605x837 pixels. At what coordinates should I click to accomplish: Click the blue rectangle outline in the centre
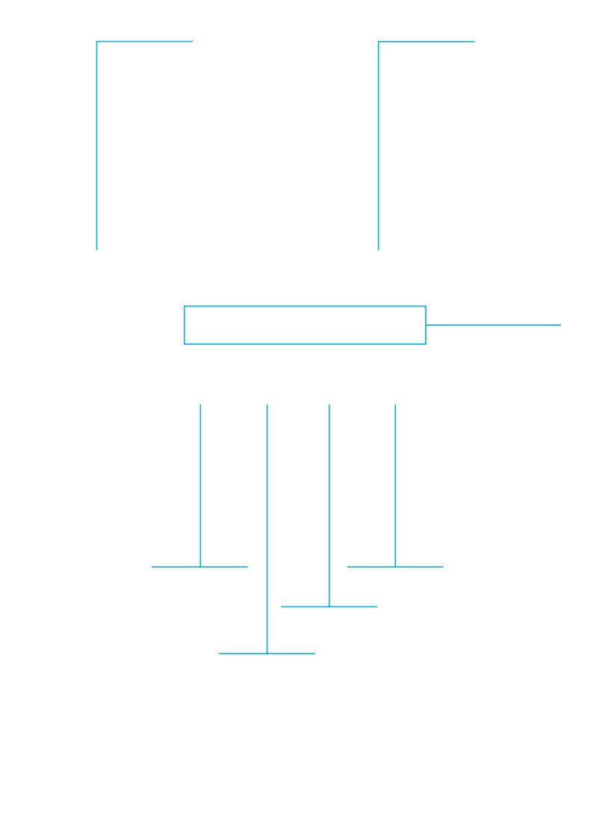pos(305,307)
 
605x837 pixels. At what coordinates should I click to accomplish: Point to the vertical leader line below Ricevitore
pos(97,149)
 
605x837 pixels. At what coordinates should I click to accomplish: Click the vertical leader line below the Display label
pos(379,149)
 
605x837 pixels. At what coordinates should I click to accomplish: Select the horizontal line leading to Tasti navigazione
pos(493,325)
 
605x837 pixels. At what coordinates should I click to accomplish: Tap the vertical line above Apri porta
pos(395,485)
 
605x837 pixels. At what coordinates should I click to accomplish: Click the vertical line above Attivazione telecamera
pos(200,485)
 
